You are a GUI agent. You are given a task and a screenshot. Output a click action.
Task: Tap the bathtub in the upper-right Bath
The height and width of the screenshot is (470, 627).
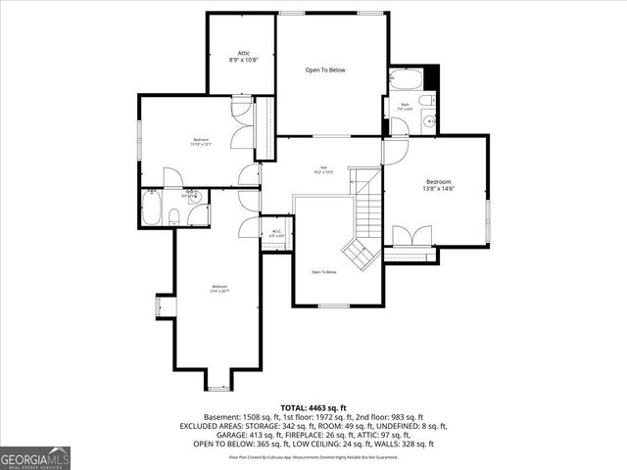pyautogui.click(x=405, y=80)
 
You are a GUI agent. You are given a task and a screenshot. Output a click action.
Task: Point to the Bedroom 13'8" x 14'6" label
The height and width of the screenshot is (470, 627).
pyautogui.click(x=438, y=186)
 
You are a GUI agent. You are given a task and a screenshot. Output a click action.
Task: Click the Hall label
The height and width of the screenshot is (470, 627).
pyautogui.click(x=324, y=169)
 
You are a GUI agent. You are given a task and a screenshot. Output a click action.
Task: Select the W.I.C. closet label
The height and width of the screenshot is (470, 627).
pyautogui.click(x=276, y=233)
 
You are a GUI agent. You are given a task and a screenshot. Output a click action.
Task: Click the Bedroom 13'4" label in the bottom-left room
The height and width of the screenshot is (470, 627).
pyautogui.click(x=218, y=289)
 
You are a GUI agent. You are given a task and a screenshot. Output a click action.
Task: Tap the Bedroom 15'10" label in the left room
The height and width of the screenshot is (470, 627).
pyautogui.click(x=202, y=143)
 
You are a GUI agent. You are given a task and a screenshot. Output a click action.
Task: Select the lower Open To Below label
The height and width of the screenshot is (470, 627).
pyautogui.click(x=324, y=272)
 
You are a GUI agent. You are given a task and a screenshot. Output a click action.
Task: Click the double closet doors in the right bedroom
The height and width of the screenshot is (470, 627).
pyautogui.click(x=410, y=236)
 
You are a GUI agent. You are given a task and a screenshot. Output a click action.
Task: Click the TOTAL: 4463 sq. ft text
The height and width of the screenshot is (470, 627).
pyautogui.click(x=313, y=407)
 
